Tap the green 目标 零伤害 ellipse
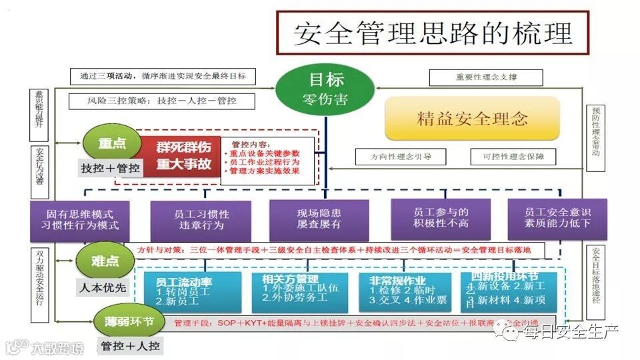pyautogui.click(x=326, y=91)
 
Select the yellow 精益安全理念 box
pyautogui.click(x=472, y=119)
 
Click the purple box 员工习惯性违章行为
pyautogui.click(x=201, y=219)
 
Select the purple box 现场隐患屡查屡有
pyautogui.click(x=319, y=219)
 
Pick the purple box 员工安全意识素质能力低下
pyautogui.click(x=558, y=219)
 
